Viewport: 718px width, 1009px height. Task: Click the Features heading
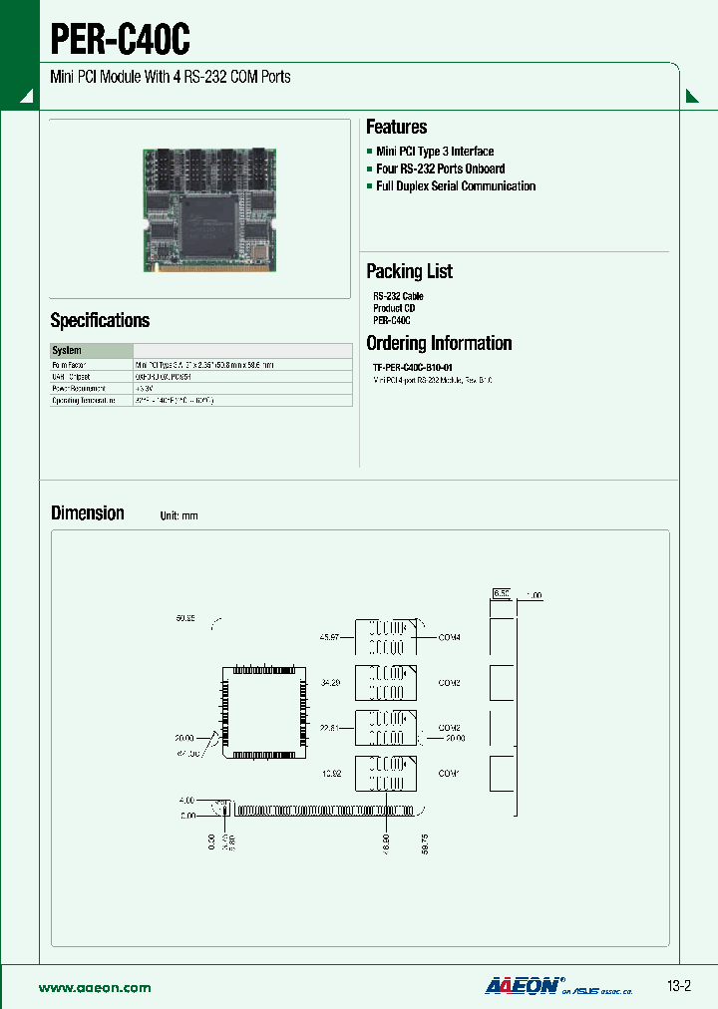coord(396,127)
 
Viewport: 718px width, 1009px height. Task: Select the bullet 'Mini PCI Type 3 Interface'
coord(435,152)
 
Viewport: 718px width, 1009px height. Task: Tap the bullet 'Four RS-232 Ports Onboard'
coord(440,168)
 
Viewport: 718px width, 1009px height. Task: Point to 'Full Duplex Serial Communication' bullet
coord(456,186)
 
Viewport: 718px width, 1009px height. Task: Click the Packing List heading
coord(409,271)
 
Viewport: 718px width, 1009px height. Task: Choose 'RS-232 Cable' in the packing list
coord(398,296)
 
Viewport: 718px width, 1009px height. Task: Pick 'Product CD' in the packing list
coord(394,308)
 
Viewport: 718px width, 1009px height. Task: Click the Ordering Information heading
coord(439,343)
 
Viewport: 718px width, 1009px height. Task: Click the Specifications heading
coord(100,320)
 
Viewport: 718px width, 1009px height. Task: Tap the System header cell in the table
coord(67,351)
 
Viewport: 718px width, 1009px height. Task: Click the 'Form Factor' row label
coord(70,365)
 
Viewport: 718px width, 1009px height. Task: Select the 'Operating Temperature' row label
coord(84,400)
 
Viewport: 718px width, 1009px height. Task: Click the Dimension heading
coord(88,512)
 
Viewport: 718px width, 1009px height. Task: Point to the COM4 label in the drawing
coord(449,637)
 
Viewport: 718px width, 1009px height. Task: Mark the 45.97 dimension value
coord(329,637)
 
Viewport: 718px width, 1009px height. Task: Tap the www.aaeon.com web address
coord(95,987)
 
